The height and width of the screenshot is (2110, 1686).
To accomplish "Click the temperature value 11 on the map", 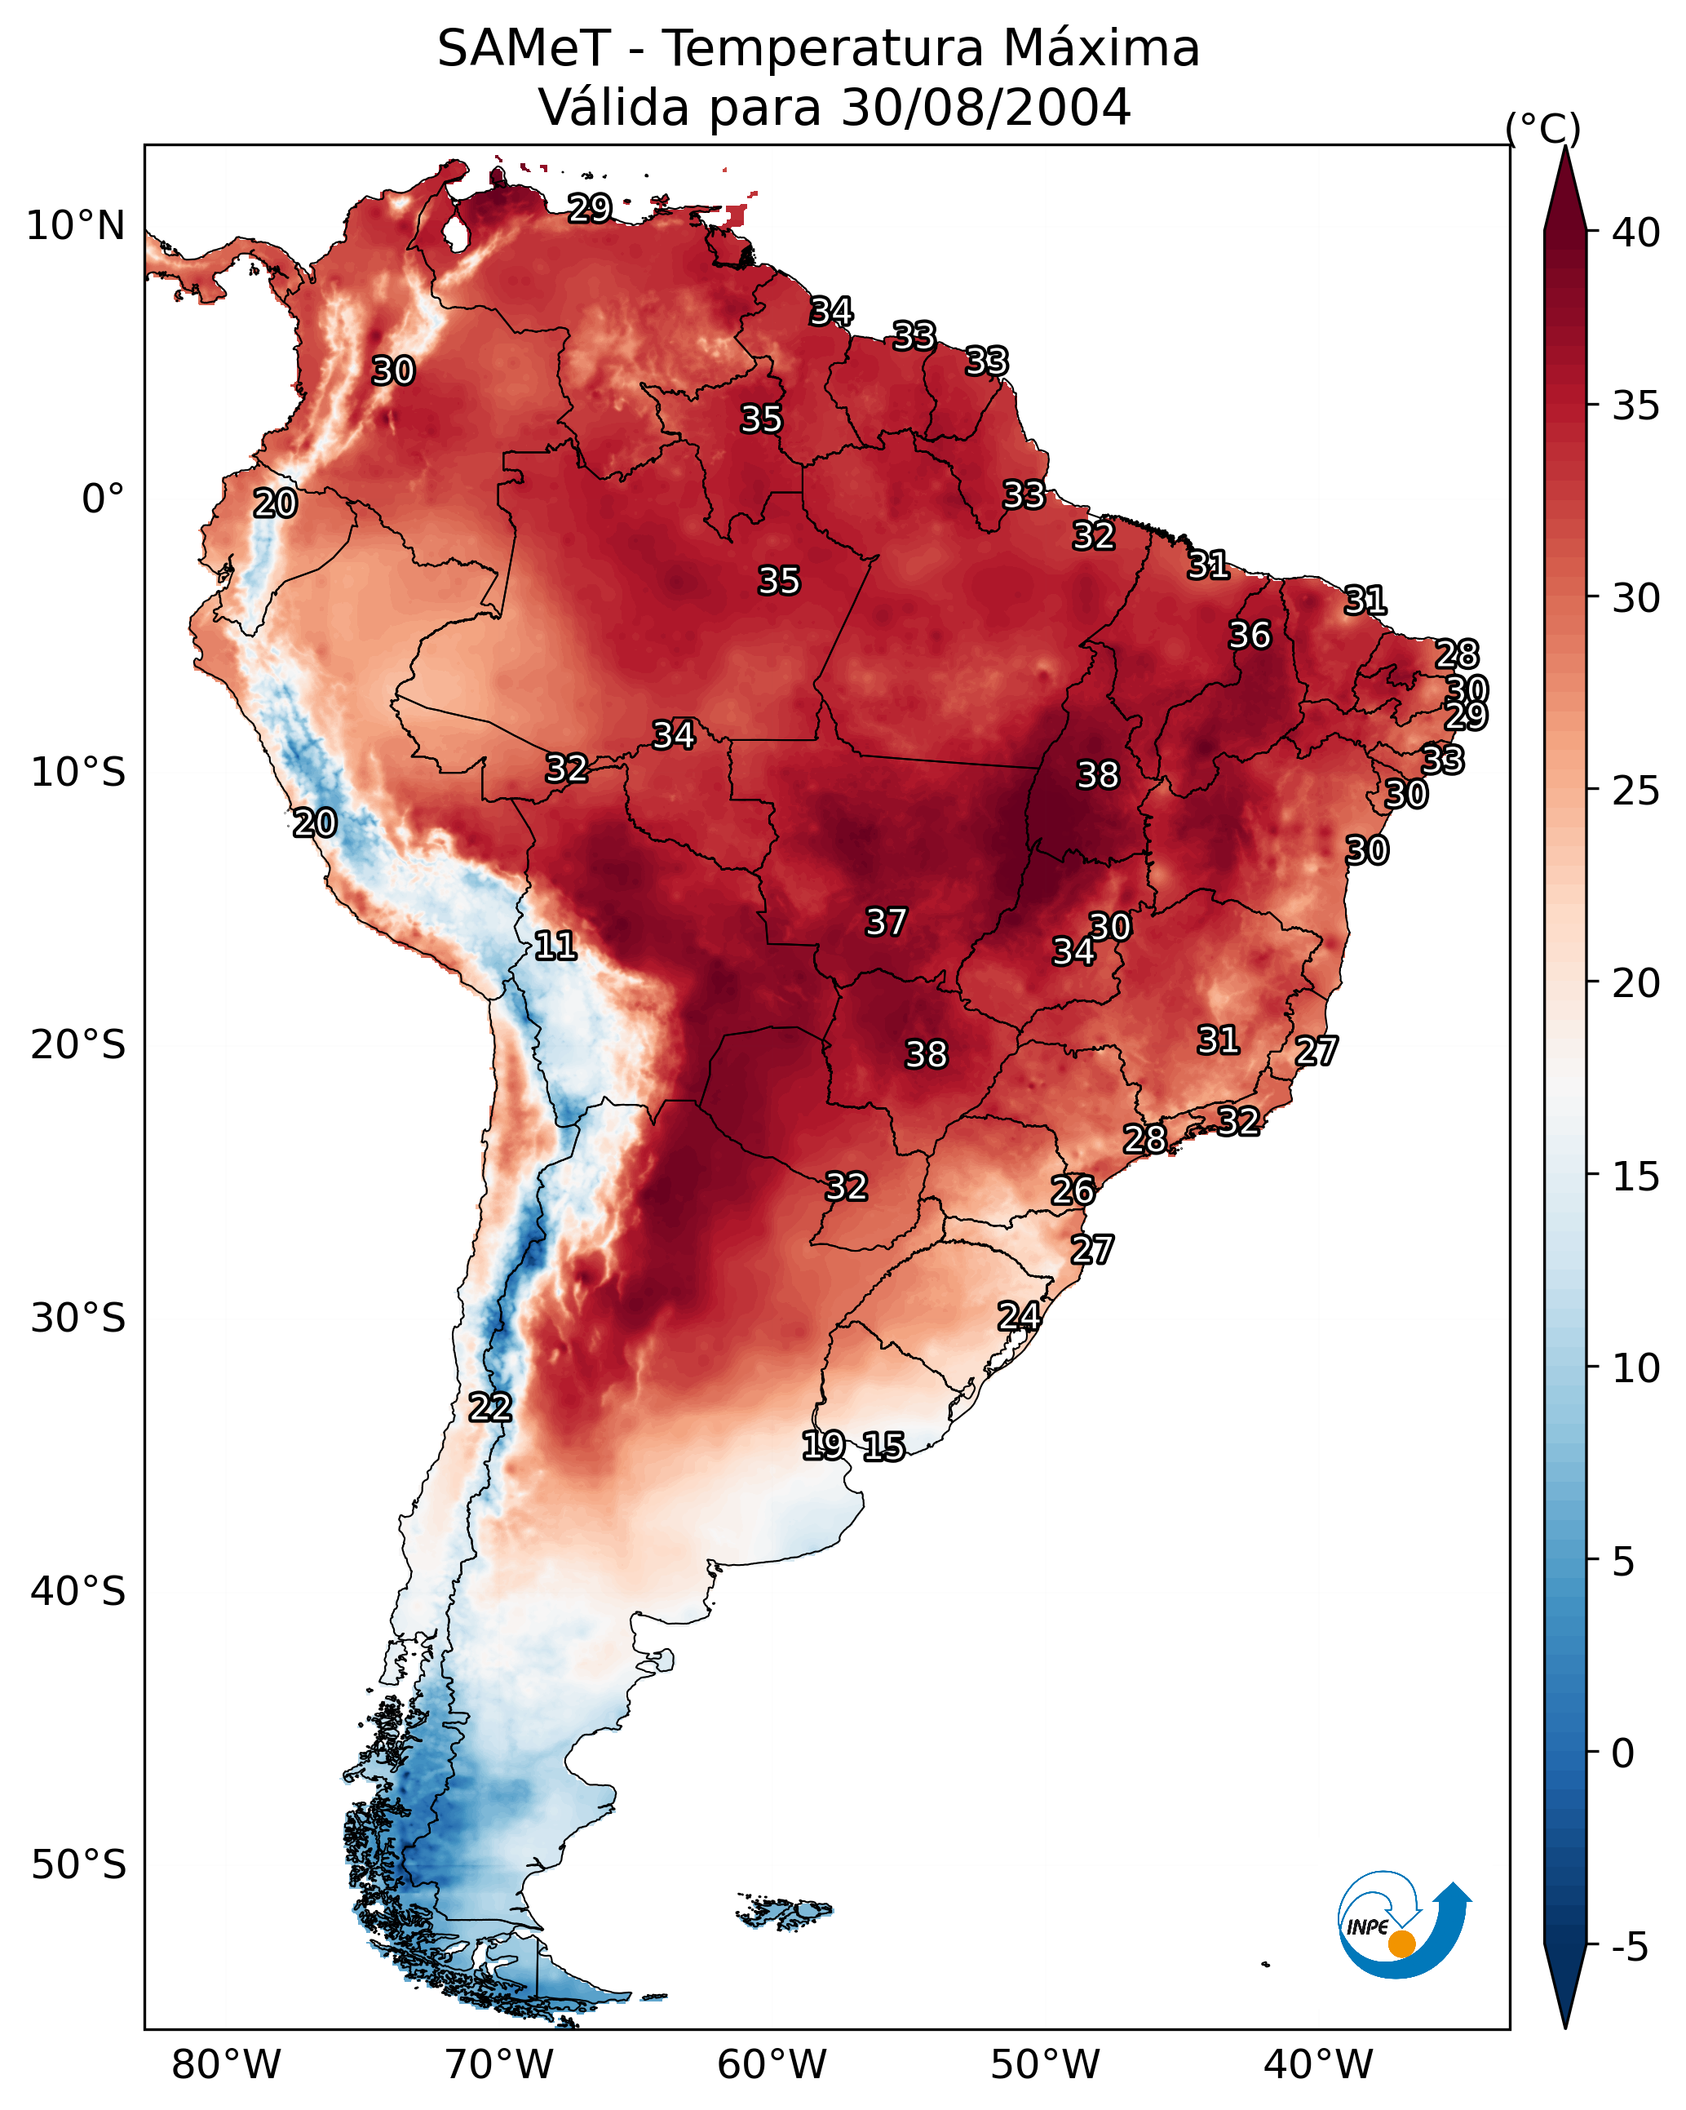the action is click(555, 946).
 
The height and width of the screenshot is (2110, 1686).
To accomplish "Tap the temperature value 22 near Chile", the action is click(490, 1407).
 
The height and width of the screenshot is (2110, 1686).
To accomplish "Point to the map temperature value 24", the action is click(1019, 1316).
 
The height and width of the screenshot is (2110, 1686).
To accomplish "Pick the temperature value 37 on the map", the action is click(887, 922).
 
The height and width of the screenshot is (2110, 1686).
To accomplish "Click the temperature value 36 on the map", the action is click(1250, 635).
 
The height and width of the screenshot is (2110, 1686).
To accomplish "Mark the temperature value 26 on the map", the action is click(1073, 1190).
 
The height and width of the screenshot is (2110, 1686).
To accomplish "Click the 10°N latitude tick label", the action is click(75, 226).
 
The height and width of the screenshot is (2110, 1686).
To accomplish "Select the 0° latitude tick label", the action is click(104, 499).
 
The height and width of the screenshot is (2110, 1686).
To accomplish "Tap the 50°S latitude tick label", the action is click(78, 1865).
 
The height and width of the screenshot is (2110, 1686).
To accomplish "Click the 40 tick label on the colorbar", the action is click(1636, 233).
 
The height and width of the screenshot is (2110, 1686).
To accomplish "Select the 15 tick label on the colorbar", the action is click(1636, 1177).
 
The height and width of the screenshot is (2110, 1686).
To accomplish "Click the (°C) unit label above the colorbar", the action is click(1543, 128).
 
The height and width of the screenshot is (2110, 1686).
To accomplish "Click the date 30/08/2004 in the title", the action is click(985, 107).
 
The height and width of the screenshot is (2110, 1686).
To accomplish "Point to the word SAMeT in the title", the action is click(524, 48).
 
